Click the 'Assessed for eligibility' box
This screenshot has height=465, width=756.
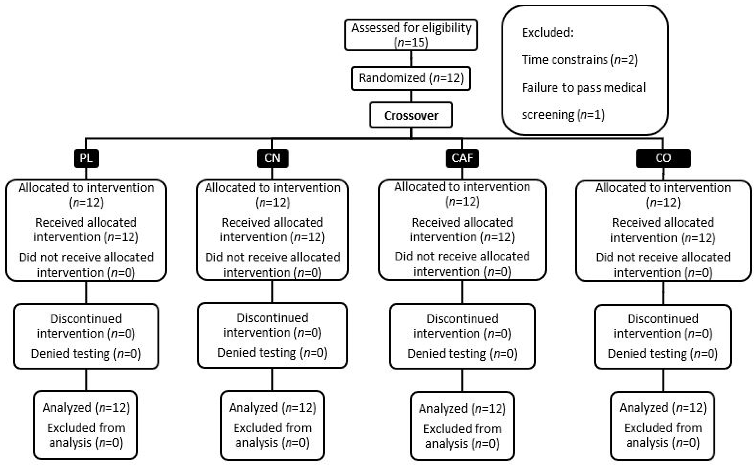pyautogui.click(x=411, y=35)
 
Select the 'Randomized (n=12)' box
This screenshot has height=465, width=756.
pyautogui.click(x=411, y=78)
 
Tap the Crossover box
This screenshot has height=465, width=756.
pyautogui.click(x=411, y=115)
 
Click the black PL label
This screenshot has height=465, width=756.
pyautogui.click(x=86, y=158)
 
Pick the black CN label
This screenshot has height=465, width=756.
pyautogui.click(x=272, y=158)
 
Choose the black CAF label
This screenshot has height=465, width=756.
pyautogui.click(x=462, y=158)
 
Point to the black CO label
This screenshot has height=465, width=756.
pyautogui.click(x=663, y=158)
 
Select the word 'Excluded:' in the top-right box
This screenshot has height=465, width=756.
pyautogui.click(x=547, y=33)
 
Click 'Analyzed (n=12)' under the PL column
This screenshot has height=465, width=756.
pyautogui.click(x=86, y=408)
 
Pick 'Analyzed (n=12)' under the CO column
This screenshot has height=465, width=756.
pyautogui.click(x=663, y=408)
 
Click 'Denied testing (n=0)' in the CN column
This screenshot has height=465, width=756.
pyautogui.click(x=272, y=353)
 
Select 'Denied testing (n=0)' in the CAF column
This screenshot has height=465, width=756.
pyautogui.click(x=462, y=354)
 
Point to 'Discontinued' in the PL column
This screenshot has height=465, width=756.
pyautogui.click(x=86, y=319)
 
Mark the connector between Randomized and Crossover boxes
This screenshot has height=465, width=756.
pyautogui.click(x=411, y=96)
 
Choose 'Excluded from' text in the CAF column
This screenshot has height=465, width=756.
pyautogui.click(x=462, y=429)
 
